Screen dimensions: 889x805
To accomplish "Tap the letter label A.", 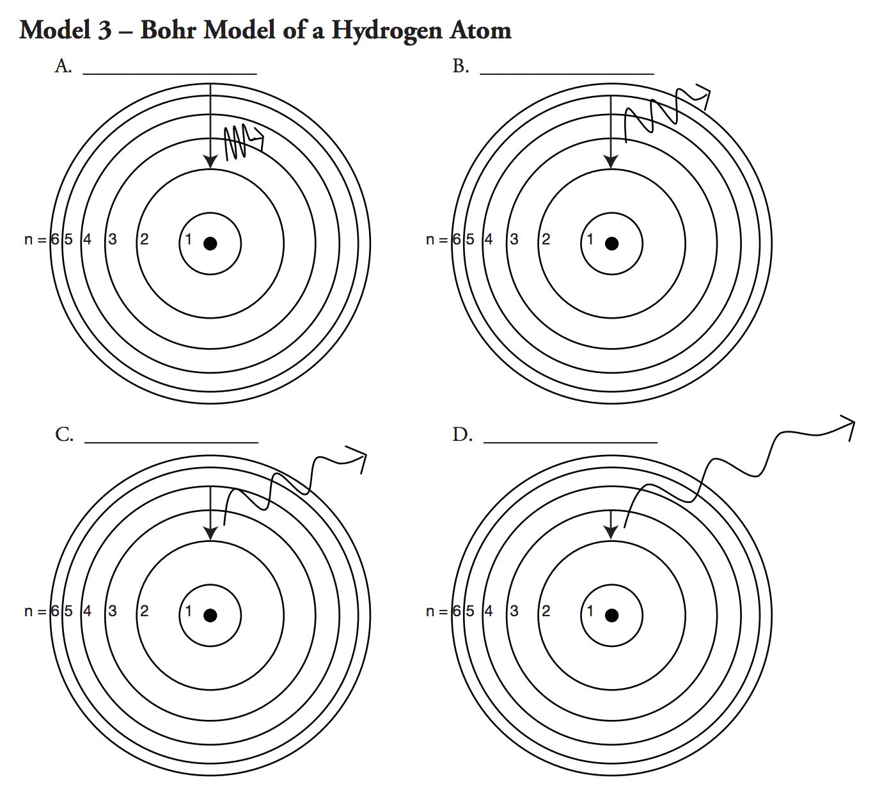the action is tap(63, 66).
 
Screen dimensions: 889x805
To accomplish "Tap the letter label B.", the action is tap(460, 66).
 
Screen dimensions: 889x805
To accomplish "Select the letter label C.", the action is tap(64, 435).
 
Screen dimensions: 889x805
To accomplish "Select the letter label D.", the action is tap(462, 435).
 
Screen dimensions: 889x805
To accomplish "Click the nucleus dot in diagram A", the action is tap(210, 243).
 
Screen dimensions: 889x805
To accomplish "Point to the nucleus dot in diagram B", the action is tap(612, 243).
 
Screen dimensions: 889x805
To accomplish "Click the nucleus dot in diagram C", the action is tap(210, 616).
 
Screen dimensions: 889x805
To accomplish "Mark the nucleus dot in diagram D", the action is tap(612, 616).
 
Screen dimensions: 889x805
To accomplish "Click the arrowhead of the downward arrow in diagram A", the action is tap(210, 162).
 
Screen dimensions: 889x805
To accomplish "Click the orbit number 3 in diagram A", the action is tap(113, 240).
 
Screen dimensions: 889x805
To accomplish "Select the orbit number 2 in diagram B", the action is tap(546, 240).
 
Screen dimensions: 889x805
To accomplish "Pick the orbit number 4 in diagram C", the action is tap(87, 611).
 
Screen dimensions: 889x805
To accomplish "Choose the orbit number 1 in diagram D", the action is tap(590, 611).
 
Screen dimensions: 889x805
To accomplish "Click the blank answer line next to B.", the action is tap(567, 72).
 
